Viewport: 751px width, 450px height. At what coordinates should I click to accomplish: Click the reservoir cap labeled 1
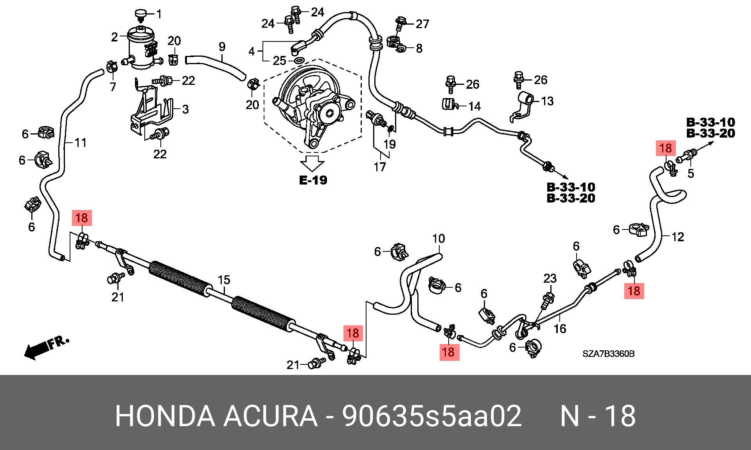pos(140,14)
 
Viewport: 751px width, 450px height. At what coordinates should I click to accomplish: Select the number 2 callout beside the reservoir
pos(114,37)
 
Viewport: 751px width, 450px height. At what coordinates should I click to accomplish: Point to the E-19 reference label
pos(313,180)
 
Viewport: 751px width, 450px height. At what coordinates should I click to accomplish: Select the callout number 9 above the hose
pos(222,47)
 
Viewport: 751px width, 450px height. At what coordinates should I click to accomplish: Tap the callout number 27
pos(422,24)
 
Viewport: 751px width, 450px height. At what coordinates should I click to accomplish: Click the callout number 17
pos(380,167)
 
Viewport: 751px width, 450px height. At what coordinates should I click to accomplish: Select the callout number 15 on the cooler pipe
pos(224,280)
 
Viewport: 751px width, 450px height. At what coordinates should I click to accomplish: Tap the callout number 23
pos(550,278)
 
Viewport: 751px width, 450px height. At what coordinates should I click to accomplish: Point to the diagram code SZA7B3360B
pos(608,354)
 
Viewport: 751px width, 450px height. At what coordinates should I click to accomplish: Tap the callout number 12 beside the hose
pos(678,237)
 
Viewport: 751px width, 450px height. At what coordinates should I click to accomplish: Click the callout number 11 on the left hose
pos(80,143)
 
